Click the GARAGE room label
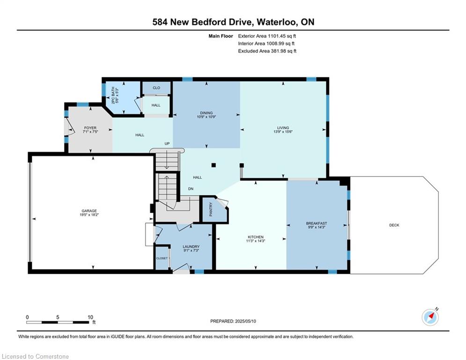click(89, 211)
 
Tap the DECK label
click(394, 225)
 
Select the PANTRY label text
click(211, 209)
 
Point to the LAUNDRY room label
click(191, 247)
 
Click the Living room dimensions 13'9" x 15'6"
click(283, 132)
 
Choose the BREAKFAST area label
click(317, 224)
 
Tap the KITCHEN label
click(256, 237)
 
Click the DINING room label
click(206, 113)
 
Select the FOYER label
click(90, 128)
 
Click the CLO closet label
click(156, 88)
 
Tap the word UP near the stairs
click(167, 144)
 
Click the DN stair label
click(191, 189)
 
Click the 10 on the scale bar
click(90, 317)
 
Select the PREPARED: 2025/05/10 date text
click(233, 321)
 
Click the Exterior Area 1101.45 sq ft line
click(267, 36)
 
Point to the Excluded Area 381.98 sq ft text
click(267, 51)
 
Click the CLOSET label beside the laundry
click(162, 258)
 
